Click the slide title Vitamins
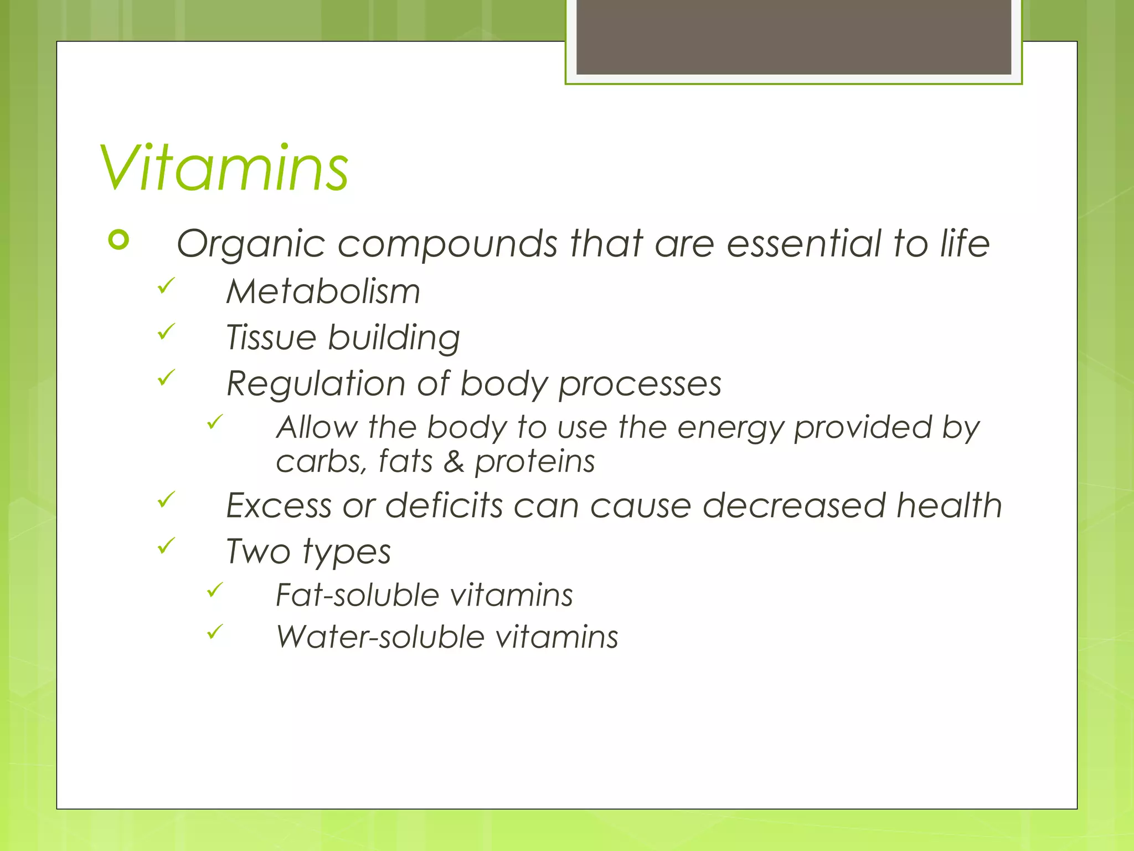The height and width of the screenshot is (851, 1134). [x=224, y=168]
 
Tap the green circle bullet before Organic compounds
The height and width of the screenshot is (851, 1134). [x=119, y=240]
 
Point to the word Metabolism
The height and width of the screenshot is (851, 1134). [x=323, y=291]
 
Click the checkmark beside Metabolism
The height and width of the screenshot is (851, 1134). [x=166, y=285]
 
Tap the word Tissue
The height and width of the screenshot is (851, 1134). [x=271, y=337]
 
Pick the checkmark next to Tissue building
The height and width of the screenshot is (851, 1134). [x=166, y=331]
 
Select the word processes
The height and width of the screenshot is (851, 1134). [x=640, y=384]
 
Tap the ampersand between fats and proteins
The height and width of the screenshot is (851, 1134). [x=453, y=462]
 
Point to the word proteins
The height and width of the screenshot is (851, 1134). [x=535, y=462]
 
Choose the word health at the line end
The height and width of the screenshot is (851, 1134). [x=949, y=505]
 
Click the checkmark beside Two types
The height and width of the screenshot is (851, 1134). [x=166, y=545]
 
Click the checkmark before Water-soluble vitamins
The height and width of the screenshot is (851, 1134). [x=215, y=631]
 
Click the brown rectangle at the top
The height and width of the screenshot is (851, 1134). [x=793, y=37]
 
